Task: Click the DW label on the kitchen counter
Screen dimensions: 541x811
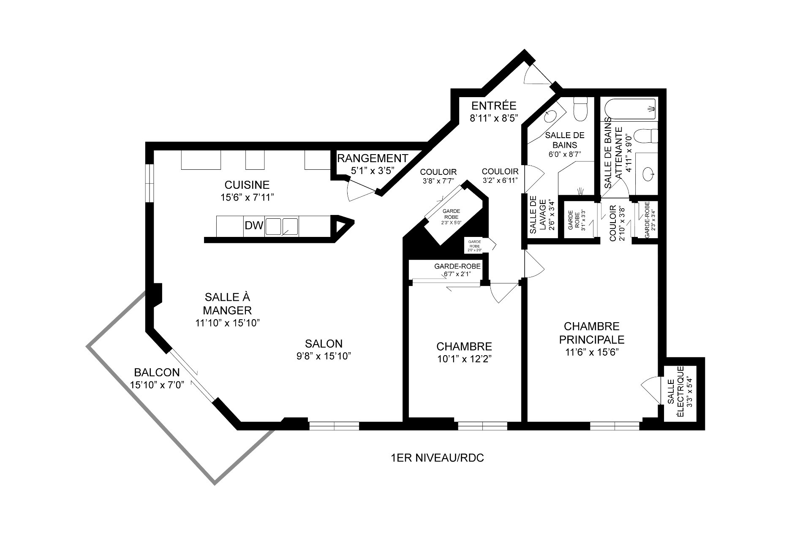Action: pyautogui.click(x=254, y=226)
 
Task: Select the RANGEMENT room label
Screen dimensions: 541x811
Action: pyautogui.click(x=373, y=159)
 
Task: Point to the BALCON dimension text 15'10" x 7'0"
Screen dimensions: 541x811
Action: pyautogui.click(x=158, y=385)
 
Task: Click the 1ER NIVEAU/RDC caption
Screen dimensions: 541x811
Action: pyautogui.click(x=438, y=458)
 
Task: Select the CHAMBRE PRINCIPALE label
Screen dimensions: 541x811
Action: pyautogui.click(x=591, y=333)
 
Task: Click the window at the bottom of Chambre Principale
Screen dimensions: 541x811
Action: pyautogui.click(x=615, y=426)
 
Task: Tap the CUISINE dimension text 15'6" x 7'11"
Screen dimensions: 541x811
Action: pyautogui.click(x=247, y=197)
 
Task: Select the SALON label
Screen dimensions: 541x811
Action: pyautogui.click(x=324, y=343)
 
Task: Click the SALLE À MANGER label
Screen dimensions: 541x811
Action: pyautogui.click(x=227, y=304)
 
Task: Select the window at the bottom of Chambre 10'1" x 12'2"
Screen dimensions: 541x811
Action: pyautogui.click(x=482, y=426)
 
